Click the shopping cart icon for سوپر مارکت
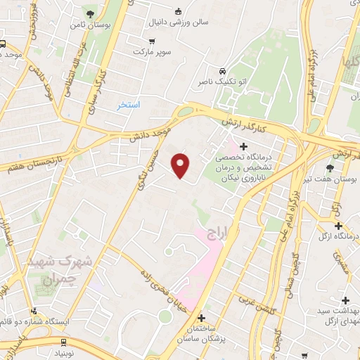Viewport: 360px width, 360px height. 152,41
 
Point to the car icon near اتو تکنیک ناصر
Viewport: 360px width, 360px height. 222,71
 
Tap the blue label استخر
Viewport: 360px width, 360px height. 129,104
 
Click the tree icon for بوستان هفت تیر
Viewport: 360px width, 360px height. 330,167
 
